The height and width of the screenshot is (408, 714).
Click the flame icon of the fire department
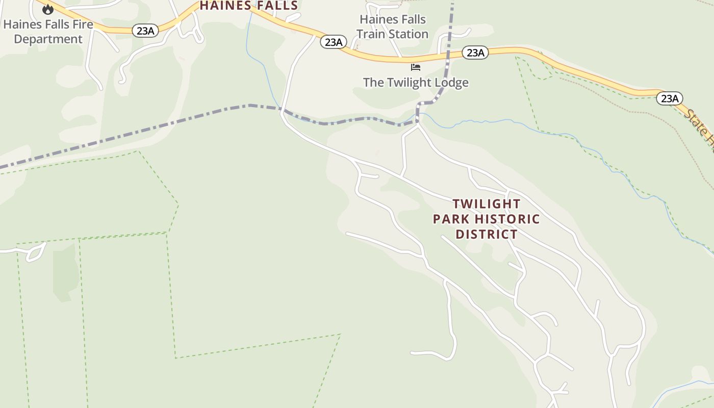point(48,9)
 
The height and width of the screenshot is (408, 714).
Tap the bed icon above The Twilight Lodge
point(416,67)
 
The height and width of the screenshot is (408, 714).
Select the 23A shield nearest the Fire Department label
point(145,31)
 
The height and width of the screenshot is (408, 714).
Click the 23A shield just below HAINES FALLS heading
point(333,42)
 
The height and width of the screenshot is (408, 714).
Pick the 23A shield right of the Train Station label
point(475,52)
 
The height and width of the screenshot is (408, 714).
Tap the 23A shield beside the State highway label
point(669,98)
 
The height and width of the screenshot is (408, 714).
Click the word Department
point(48,39)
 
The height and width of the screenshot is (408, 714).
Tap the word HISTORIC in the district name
point(507,219)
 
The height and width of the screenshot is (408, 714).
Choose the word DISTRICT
point(487,235)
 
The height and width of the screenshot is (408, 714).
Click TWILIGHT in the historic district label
point(487,204)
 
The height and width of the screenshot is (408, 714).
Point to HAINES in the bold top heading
point(222,6)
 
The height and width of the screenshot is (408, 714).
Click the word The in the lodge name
point(373,82)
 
